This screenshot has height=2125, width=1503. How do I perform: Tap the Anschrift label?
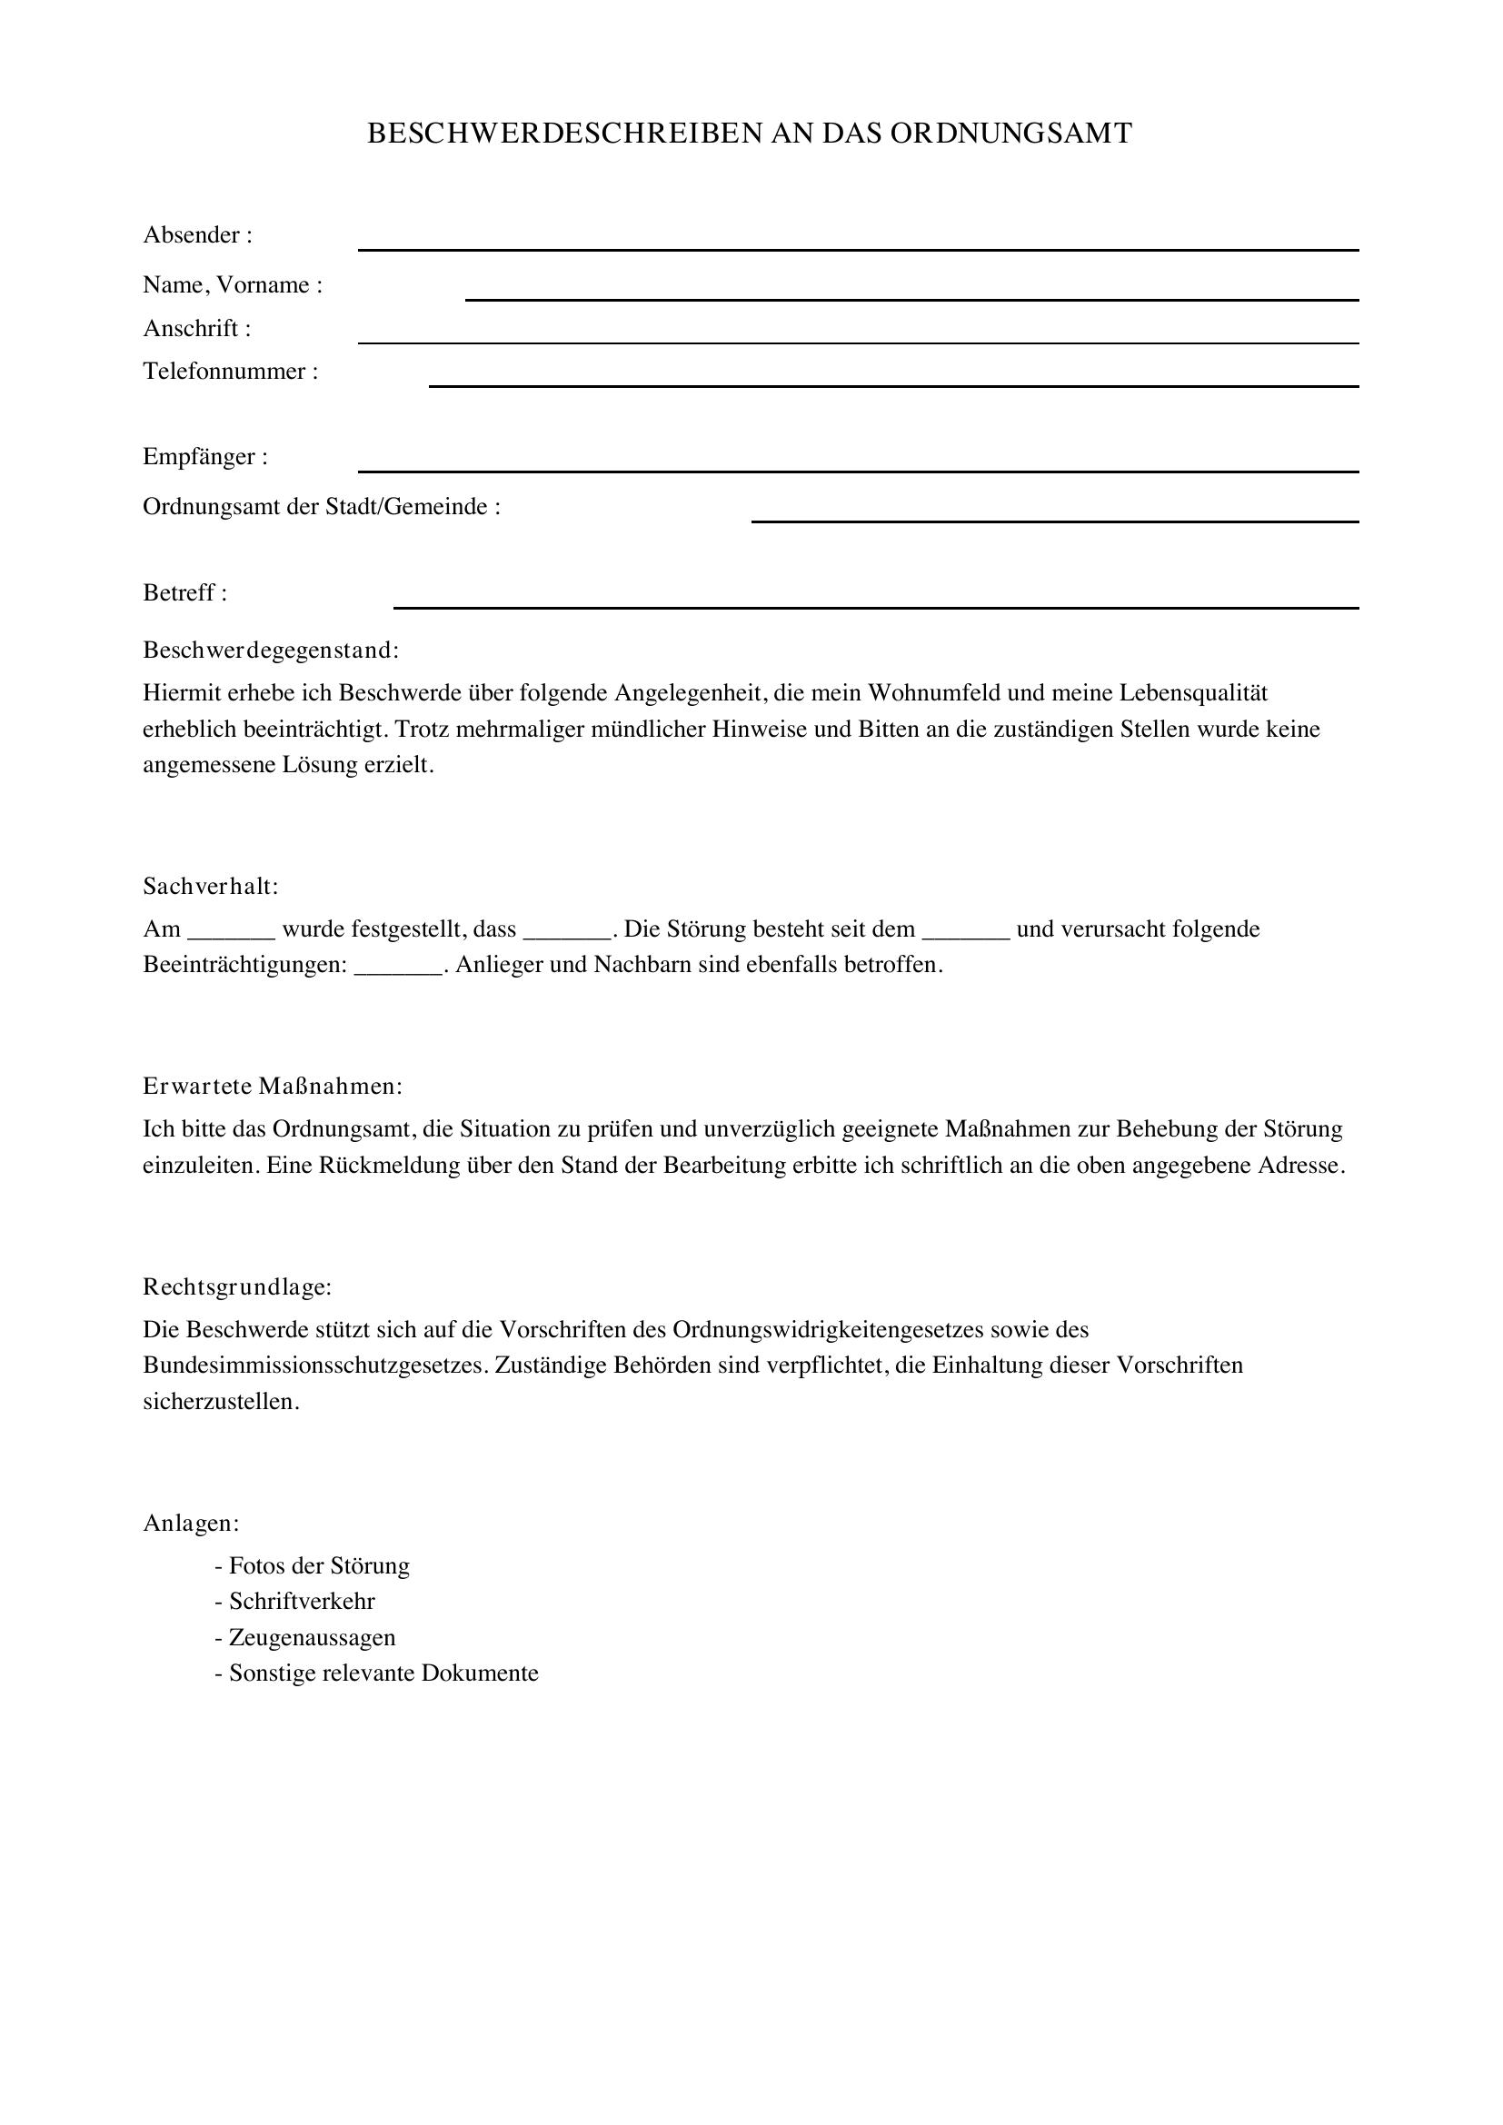pos(197,329)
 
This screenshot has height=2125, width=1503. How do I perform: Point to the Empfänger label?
pos(205,457)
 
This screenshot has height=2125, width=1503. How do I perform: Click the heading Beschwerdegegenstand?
pos(270,650)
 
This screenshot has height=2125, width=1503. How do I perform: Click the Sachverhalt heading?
pos(210,887)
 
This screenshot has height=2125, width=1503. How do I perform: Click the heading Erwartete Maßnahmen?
pos(272,1087)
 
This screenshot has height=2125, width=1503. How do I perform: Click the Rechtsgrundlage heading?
pos(237,1287)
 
